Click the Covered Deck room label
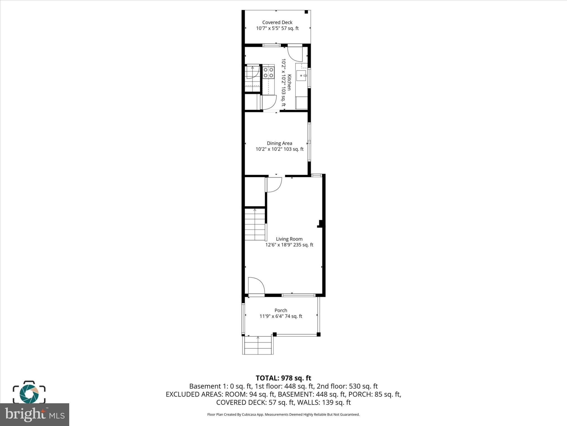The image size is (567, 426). tap(277, 22)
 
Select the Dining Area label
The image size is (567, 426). tap(279, 143)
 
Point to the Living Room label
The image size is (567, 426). tap(289, 239)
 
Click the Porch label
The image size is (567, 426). tap(281, 310)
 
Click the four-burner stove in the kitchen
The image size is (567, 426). tap(269, 72)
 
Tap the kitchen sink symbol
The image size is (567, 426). tap(301, 75)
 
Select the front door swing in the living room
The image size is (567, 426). tap(256, 286)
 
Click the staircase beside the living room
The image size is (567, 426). tap(255, 224)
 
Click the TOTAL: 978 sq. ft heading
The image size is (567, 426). tap(283, 378)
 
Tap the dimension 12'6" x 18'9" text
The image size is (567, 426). tap(289, 245)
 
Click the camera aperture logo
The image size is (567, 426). tap(29, 393)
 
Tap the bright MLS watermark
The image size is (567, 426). tap(34, 414)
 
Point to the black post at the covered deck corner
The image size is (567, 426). tap(306, 12)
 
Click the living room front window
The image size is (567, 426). tap(298, 295)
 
